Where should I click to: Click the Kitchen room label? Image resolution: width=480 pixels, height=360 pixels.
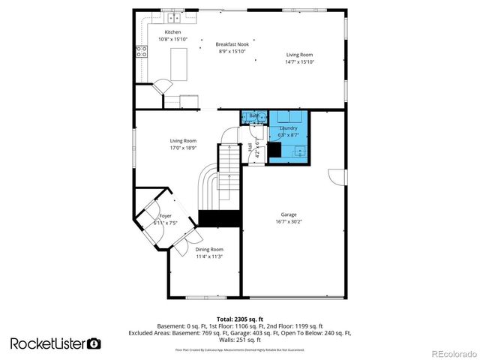pos(173,32)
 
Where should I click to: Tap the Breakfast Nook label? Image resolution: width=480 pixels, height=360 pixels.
pos(233,44)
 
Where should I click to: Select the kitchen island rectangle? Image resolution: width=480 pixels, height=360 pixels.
pos(178,64)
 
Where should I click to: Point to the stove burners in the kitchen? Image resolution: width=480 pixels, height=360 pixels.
pos(140,52)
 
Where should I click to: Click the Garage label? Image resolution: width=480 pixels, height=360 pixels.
pos(288,214)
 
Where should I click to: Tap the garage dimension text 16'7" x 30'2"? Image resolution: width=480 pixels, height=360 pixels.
pos(288,221)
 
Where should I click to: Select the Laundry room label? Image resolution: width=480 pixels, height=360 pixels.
pos(289,128)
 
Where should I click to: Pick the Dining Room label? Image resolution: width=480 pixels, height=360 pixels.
pos(211,249)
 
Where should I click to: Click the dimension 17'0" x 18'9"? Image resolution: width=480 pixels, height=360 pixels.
pos(183,148)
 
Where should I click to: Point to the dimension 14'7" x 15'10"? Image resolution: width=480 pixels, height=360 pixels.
pos(300,61)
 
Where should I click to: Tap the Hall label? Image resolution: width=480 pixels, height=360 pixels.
pos(250,149)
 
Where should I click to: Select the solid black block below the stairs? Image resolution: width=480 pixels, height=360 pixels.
pos(219,218)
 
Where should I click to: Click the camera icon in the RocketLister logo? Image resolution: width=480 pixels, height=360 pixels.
pos(94,343)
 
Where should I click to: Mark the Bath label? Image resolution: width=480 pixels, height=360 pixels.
pos(253,115)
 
